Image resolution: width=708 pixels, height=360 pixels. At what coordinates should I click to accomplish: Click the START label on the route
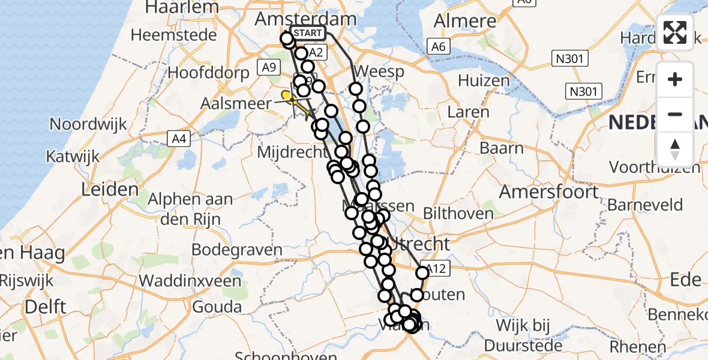[308, 33]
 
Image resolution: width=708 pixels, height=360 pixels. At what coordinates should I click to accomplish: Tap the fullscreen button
[675, 32]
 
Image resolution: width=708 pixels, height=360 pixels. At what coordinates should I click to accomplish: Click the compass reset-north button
[675, 149]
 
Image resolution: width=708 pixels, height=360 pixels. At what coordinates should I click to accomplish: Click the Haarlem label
[183, 7]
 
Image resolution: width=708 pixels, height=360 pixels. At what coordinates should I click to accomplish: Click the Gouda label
[217, 307]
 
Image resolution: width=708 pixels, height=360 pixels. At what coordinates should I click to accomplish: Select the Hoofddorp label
[209, 73]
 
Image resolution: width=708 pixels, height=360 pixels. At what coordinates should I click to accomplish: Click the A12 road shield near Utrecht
[436, 269]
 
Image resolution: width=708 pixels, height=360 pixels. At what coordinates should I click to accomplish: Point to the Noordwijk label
[88, 124]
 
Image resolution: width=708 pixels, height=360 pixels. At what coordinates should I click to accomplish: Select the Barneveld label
[645, 204]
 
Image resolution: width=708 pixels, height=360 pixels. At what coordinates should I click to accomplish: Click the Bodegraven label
[237, 250]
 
